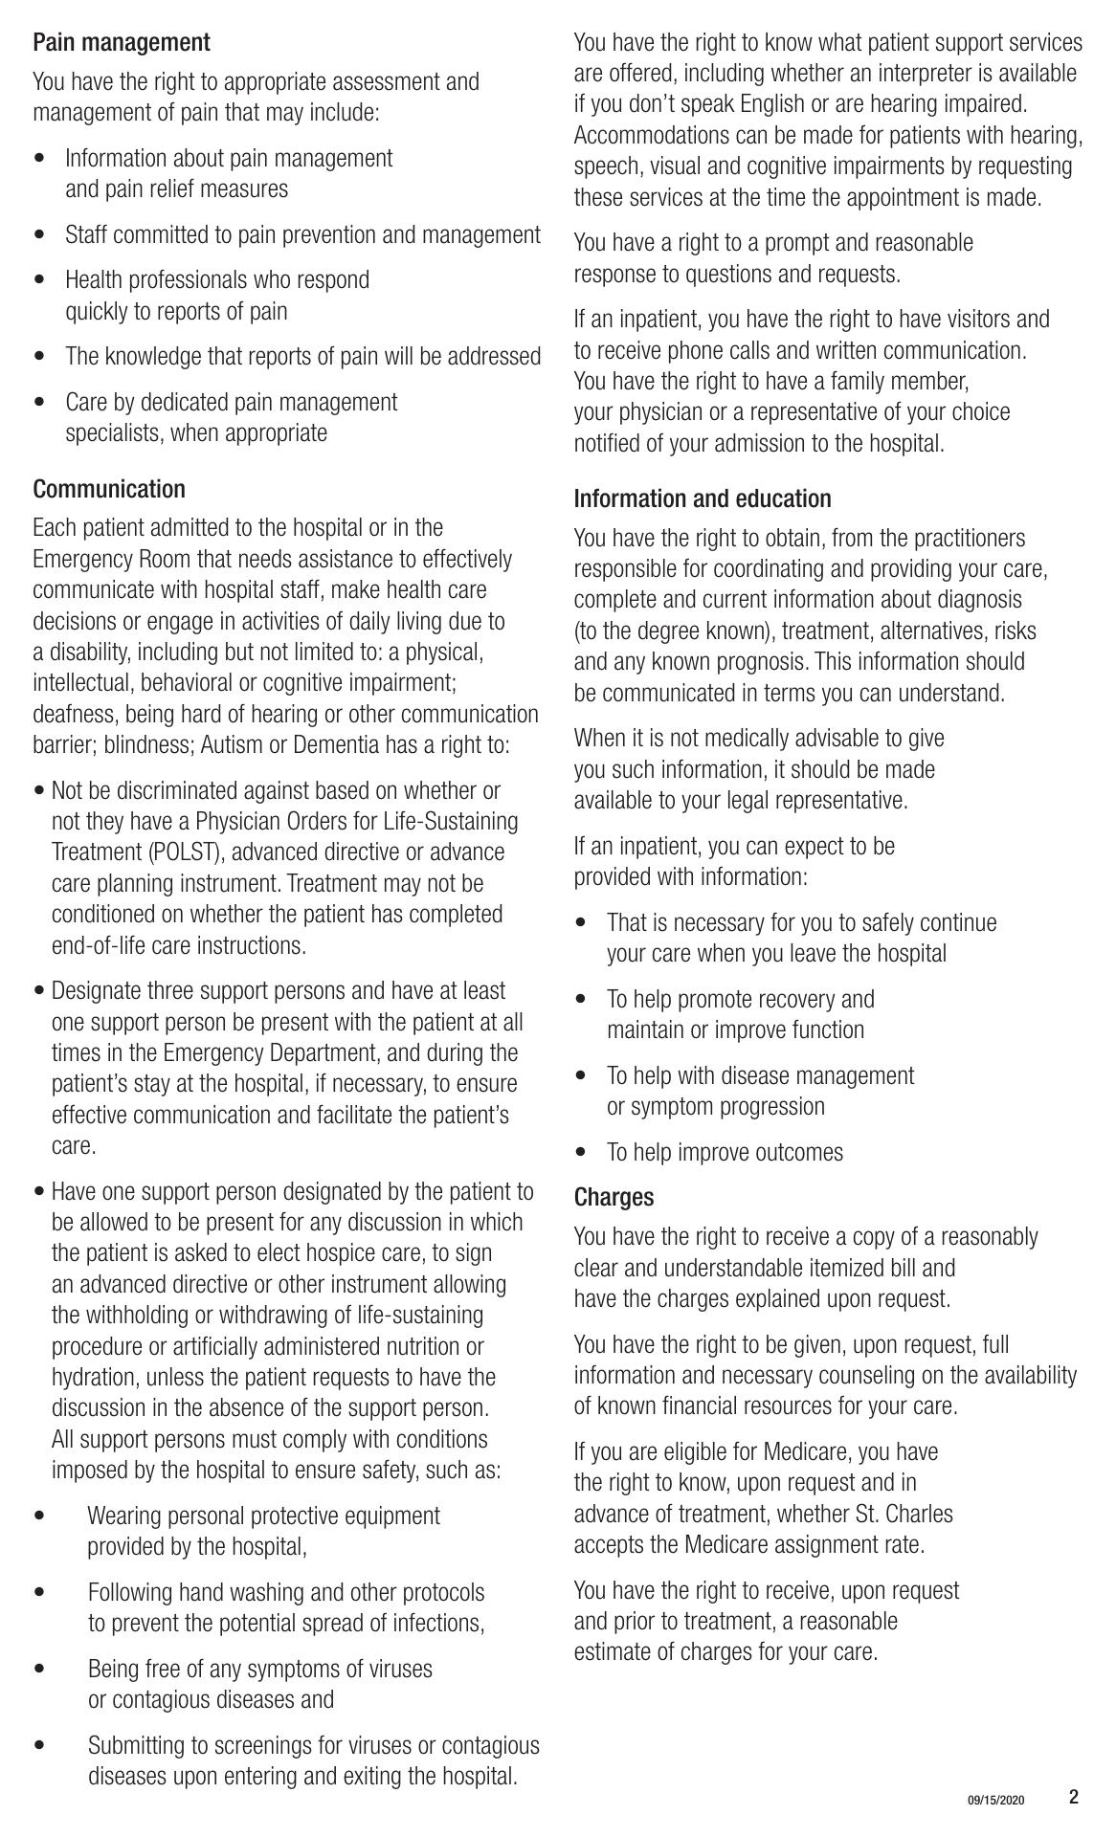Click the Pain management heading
click(x=121, y=43)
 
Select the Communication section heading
click(x=109, y=489)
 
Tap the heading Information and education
click(x=703, y=498)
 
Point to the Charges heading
click(x=614, y=1197)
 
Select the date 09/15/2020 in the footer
click(x=995, y=1800)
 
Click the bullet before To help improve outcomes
click(x=581, y=1152)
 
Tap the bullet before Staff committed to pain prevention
click(x=39, y=234)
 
